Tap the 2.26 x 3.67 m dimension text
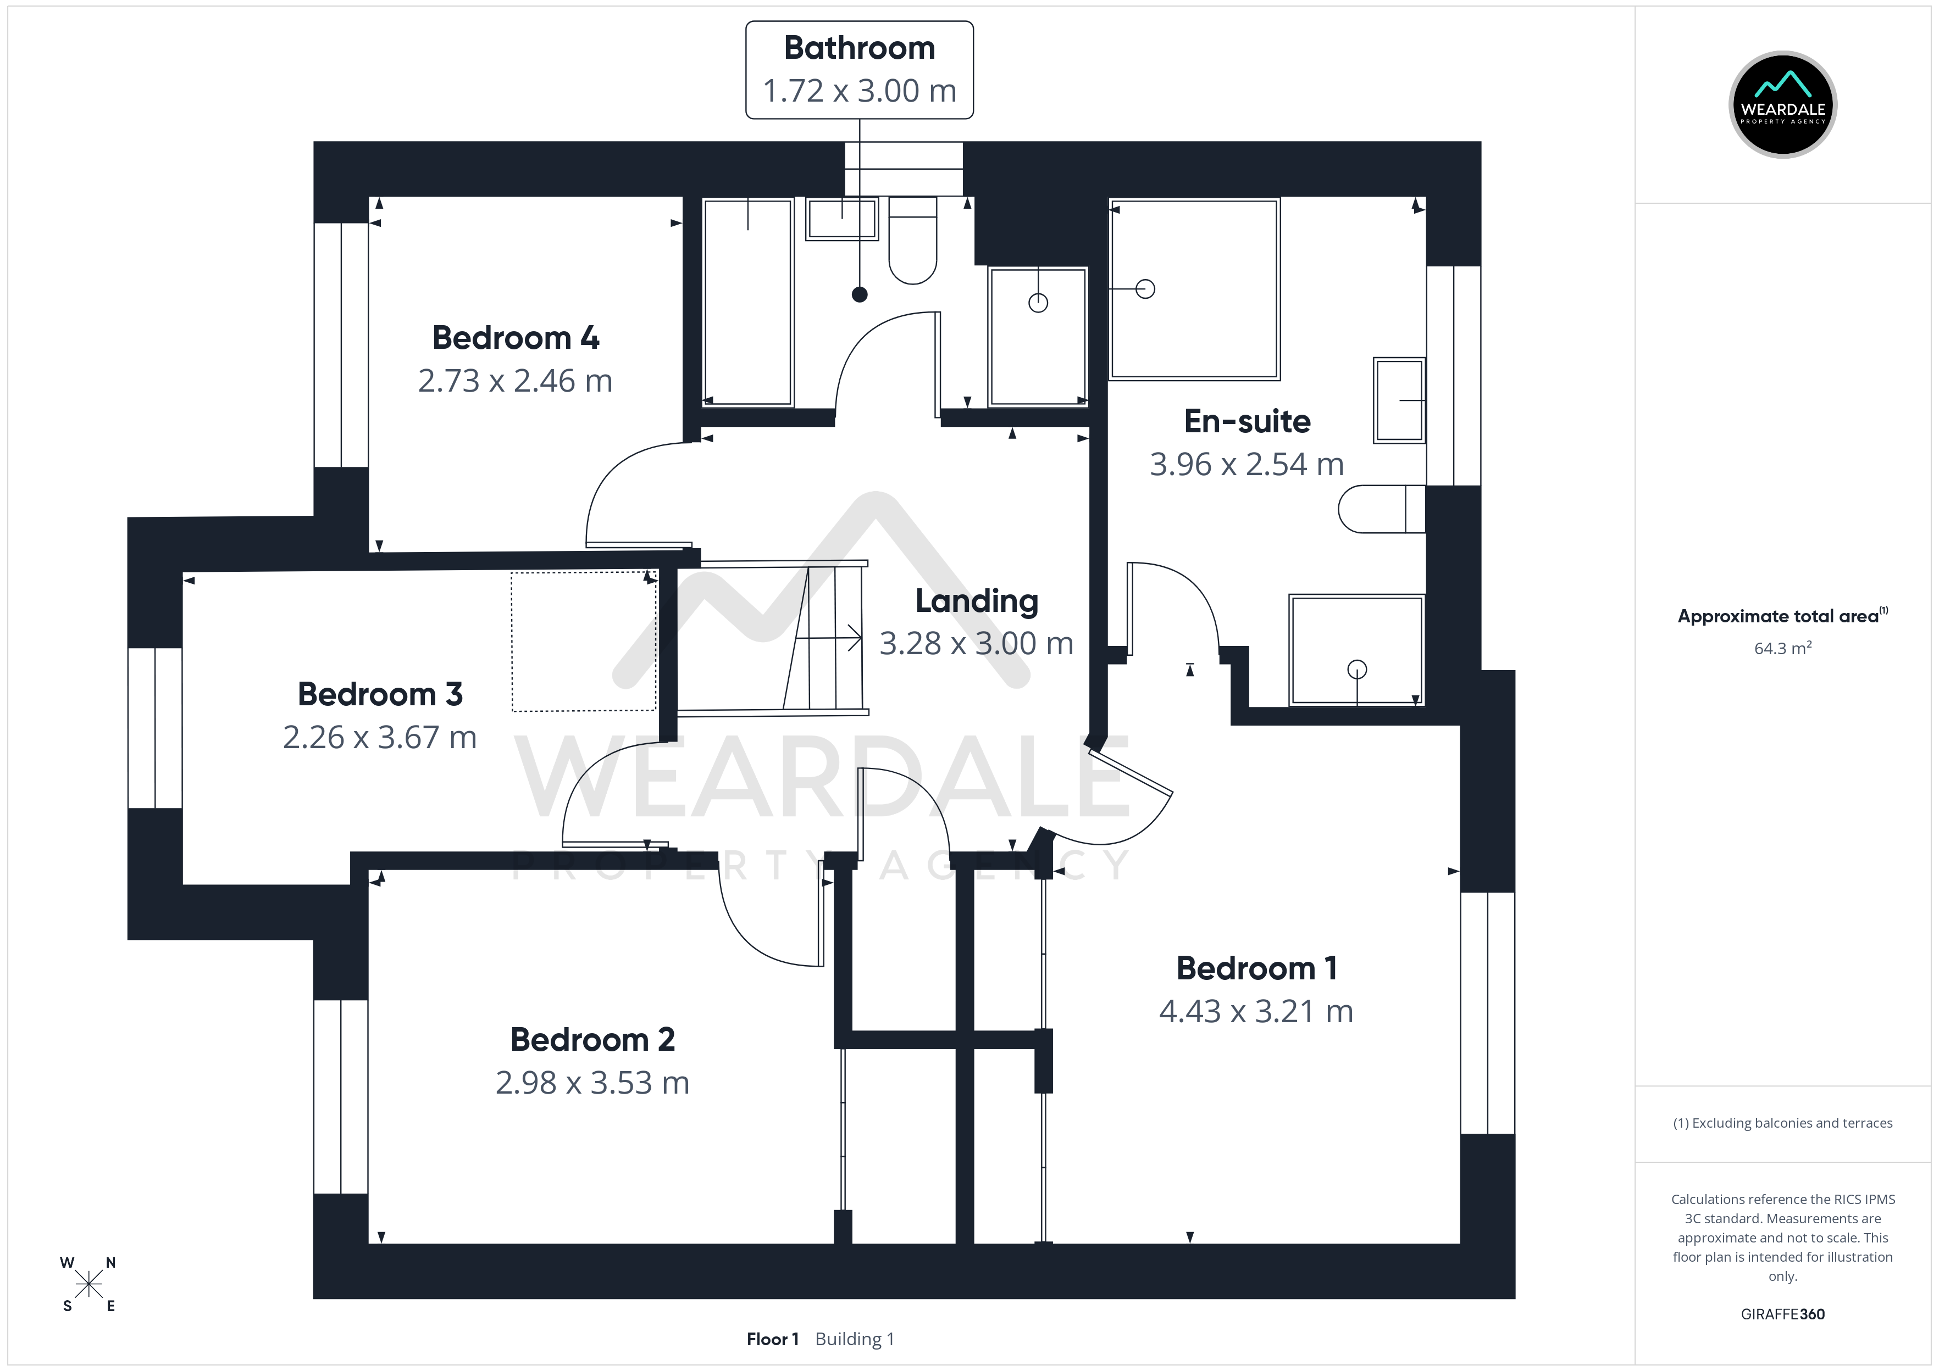[380, 737]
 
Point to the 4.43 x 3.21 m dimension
[1256, 1011]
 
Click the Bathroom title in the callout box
[860, 48]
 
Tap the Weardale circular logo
[1783, 105]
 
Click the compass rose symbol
[88, 1285]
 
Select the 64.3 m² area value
[1783, 648]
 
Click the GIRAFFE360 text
[1783, 1313]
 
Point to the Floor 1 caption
[773, 1339]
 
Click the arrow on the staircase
[828, 639]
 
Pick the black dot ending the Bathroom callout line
[860, 294]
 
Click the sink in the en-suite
[1399, 400]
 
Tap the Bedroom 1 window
[1488, 1012]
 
